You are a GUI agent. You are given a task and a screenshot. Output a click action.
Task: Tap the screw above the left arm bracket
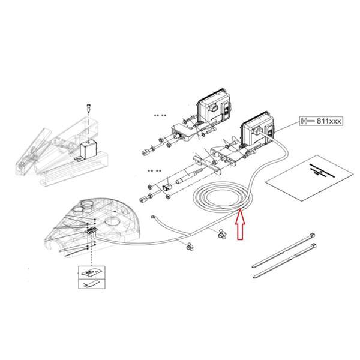[88, 106]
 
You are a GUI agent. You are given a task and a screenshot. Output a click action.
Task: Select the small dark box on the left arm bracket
[91, 148]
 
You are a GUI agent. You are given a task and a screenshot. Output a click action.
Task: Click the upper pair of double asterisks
[161, 115]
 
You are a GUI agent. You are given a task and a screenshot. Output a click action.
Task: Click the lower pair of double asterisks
[154, 171]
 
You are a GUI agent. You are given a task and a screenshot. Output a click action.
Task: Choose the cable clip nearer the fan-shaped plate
[190, 244]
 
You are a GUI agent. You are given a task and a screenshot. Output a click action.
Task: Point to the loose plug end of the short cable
[154, 218]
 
